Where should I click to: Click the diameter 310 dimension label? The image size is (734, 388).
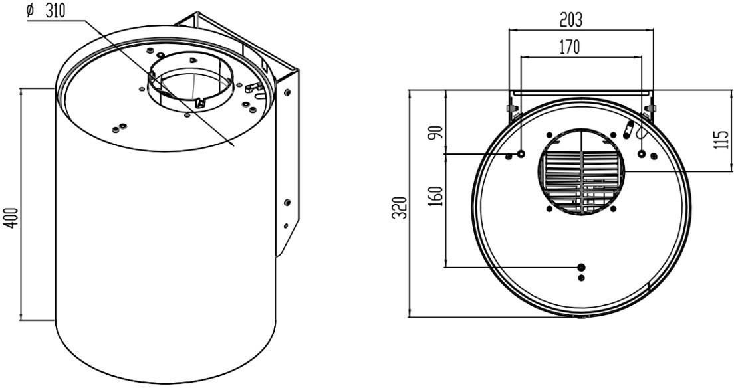(45, 10)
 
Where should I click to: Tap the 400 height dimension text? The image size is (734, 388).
(13, 218)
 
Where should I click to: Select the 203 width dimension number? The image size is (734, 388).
(571, 20)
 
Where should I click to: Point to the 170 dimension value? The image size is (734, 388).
(569, 47)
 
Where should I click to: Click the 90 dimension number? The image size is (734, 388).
(437, 132)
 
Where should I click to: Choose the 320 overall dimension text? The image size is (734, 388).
(400, 208)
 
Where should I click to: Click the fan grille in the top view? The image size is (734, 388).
(581, 172)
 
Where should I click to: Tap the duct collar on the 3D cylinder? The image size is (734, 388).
(191, 82)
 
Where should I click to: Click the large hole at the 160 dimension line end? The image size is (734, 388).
(581, 267)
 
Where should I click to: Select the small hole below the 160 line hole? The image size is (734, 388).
(581, 278)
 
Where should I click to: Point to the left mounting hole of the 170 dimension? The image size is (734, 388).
(521, 154)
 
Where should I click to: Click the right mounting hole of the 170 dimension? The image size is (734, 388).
(642, 154)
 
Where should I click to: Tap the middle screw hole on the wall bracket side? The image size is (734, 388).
(287, 203)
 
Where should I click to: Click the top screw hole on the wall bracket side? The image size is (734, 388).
(287, 92)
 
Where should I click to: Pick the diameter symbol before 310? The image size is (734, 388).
(31, 11)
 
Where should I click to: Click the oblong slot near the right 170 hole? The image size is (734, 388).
(629, 130)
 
